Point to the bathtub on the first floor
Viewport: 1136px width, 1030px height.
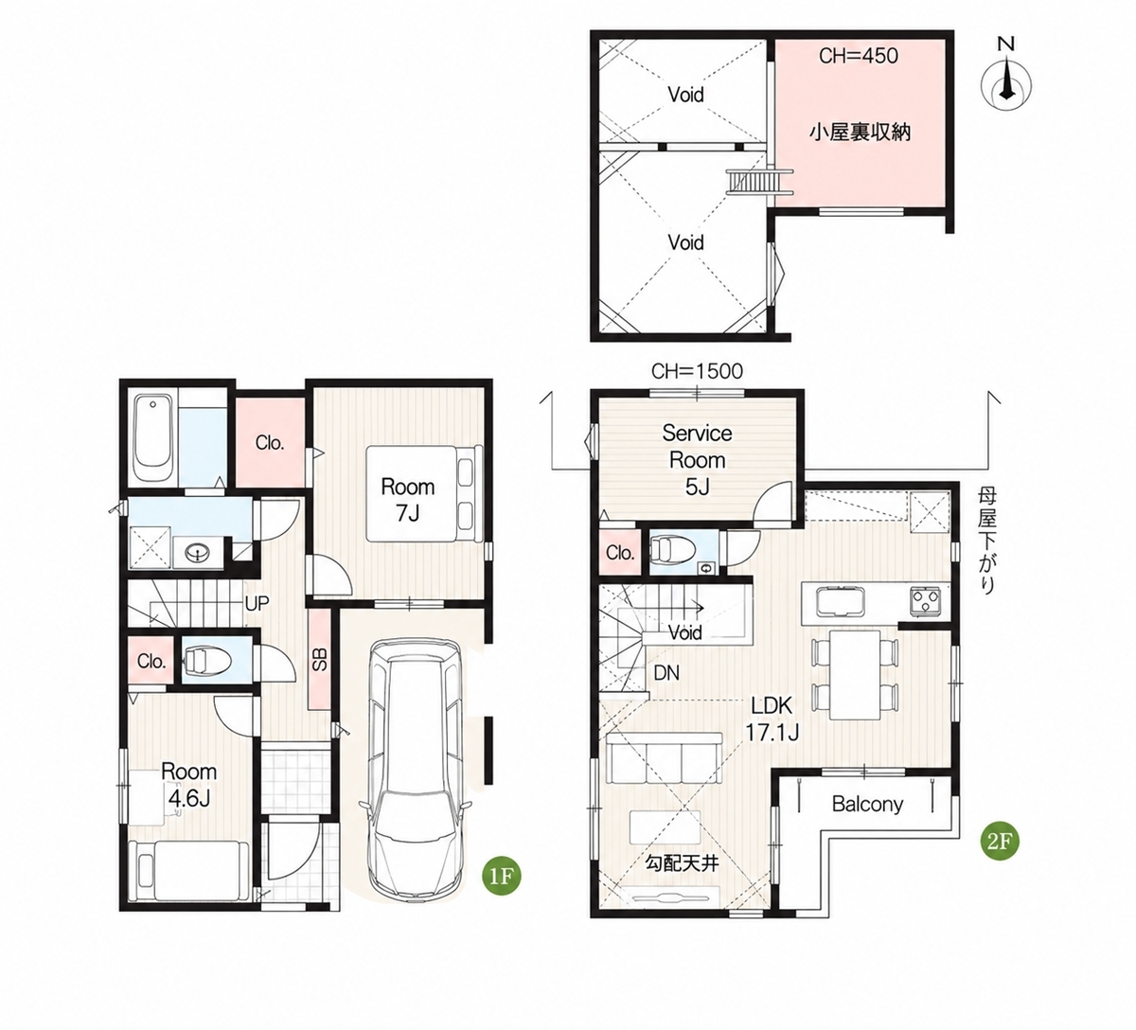coord(153,438)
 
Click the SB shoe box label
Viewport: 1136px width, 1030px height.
coord(320,660)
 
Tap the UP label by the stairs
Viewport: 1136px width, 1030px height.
coord(257,604)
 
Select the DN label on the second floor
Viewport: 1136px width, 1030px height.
coord(666,673)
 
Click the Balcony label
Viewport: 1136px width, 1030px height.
coord(867,805)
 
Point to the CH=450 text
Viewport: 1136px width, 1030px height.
coord(859,56)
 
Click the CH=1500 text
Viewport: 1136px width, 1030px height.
coord(697,371)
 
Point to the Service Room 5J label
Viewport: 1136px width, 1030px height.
coord(697,460)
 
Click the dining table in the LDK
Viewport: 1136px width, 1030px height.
coord(855,674)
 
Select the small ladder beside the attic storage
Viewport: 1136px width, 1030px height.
coord(760,181)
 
